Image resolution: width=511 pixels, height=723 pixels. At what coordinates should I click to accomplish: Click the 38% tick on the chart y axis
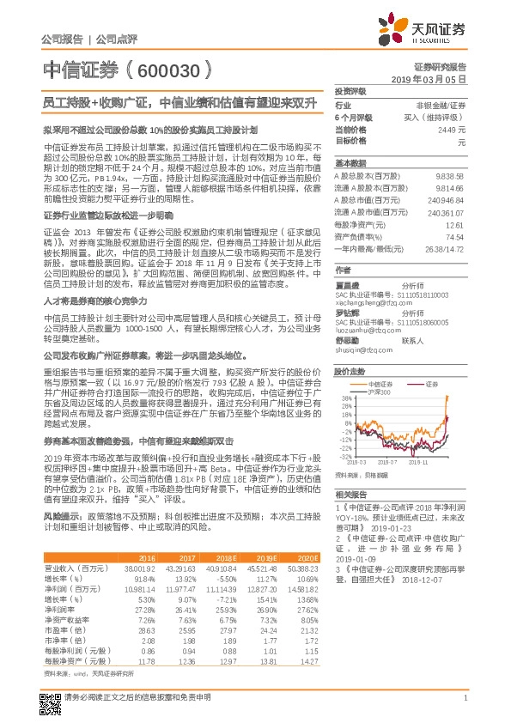click(x=345, y=374)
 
